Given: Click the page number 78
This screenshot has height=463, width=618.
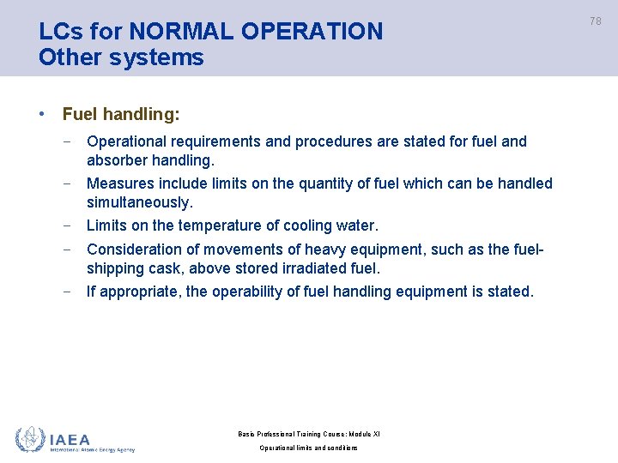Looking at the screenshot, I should (x=597, y=21).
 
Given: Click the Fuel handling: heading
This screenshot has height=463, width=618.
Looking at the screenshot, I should (x=121, y=113).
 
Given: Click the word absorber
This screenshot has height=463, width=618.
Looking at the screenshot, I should (x=117, y=160).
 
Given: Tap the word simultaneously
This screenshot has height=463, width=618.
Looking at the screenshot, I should (x=140, y=202).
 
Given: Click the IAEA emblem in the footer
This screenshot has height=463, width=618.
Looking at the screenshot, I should (x=30, y=439).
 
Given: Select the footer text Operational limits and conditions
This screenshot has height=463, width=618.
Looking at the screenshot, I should (x=308, y=448).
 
